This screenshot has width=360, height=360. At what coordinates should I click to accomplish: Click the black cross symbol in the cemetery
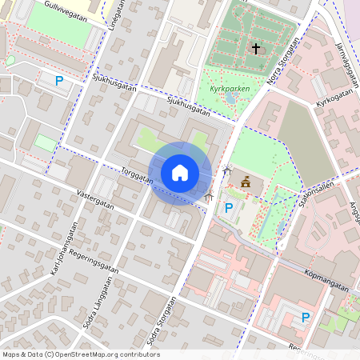coord(256,49)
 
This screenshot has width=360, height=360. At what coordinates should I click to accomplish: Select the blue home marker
coord(179,172)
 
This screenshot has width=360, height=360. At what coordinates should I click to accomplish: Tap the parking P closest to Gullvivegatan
coord(58,80)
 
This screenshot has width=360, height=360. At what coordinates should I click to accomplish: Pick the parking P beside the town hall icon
coord(229,208)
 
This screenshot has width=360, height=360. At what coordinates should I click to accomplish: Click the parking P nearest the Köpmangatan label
coord(306,318)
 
